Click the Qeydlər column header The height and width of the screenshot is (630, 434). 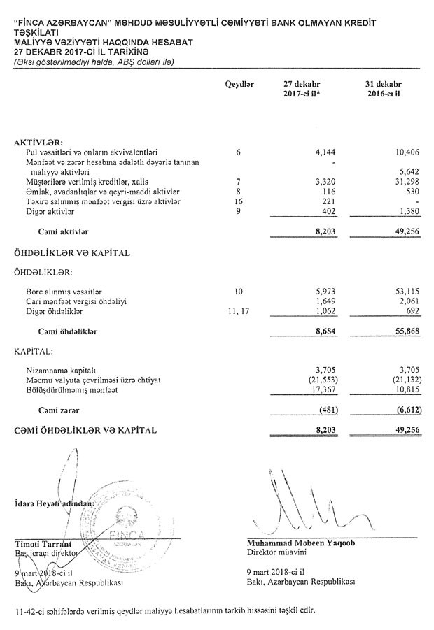[239, 83]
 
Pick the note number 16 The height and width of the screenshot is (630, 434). [239, 201]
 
